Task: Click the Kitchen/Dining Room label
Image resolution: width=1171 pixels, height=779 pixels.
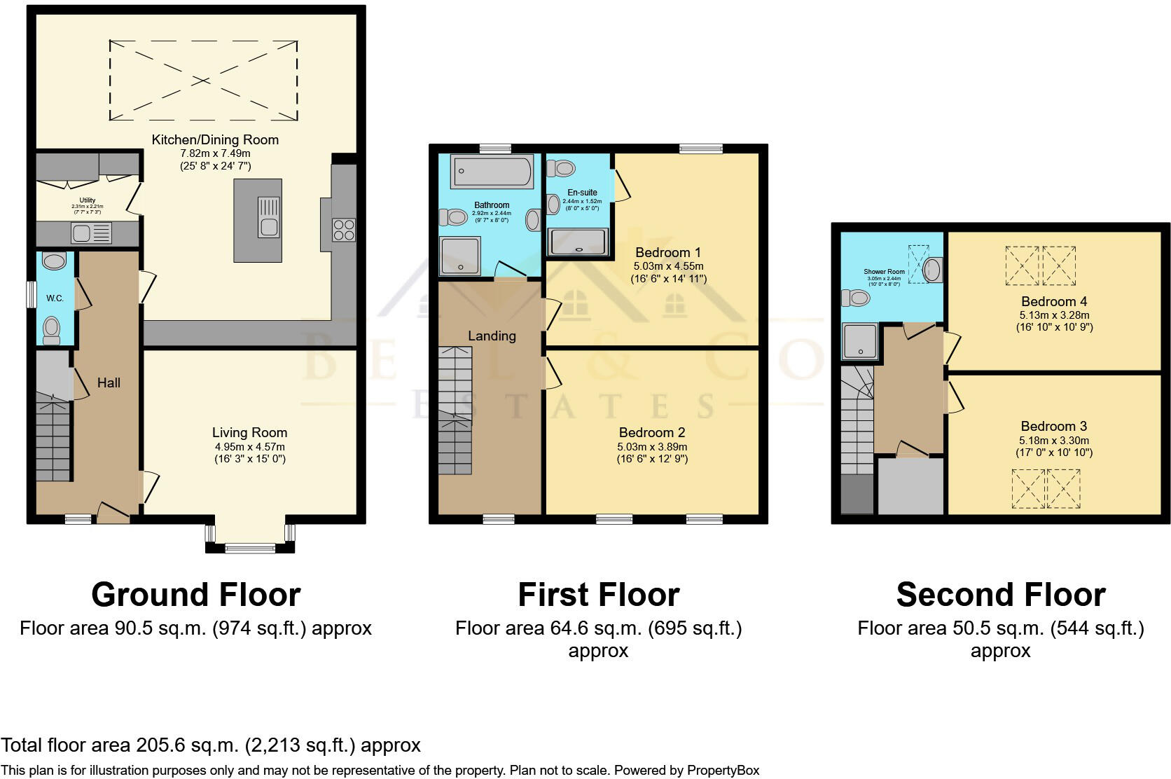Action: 215,140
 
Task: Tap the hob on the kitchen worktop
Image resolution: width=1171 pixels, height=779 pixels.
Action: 344,230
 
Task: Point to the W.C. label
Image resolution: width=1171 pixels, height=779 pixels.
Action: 55,298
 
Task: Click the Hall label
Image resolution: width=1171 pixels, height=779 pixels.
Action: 109,383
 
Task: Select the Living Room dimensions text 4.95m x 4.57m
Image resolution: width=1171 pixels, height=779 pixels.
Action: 249,446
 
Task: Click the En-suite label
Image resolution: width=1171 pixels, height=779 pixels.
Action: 582,193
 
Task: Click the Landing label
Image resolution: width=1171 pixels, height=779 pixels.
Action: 492,336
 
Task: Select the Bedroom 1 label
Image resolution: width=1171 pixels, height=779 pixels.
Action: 667,252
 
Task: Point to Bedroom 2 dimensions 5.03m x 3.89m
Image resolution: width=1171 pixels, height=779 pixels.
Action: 651,446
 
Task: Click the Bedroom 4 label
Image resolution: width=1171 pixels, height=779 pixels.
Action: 1053,302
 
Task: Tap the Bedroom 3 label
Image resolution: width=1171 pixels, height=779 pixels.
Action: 1053,427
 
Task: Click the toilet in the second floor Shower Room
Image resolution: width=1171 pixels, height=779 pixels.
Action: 855,299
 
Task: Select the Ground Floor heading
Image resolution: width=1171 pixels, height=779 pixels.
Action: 195,595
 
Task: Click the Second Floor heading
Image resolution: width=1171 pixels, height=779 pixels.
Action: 1000,595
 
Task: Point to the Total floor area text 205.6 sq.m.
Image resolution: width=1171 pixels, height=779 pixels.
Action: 210,745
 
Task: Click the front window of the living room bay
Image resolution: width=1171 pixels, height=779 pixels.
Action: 249,549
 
